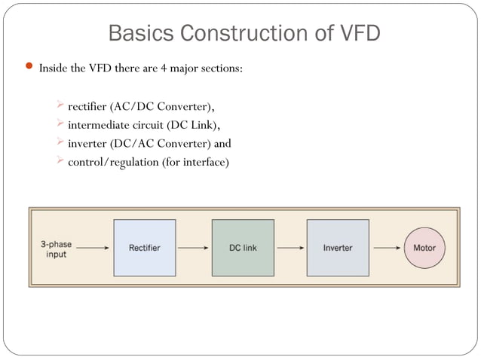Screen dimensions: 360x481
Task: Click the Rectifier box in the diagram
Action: (x=144, y=248)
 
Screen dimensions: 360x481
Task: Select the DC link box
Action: (x=242, y=248)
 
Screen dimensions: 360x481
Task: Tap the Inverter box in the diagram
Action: (x=337, y=248)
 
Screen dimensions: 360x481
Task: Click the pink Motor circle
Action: (x=424, y=248)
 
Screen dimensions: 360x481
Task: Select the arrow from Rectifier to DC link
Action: (x=193, y=247)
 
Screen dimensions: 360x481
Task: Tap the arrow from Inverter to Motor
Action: (x=387, y=247)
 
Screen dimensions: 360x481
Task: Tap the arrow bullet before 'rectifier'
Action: (x=61, y=105)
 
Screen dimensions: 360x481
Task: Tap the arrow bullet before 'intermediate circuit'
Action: (x=61, y=124)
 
